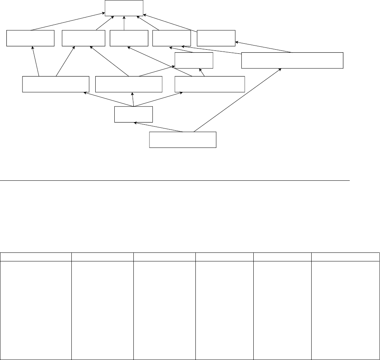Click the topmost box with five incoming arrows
pos(124,8)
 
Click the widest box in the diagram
pos(292,60)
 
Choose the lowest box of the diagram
pos(183,140)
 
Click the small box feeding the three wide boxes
pos(134,114)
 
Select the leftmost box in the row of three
pos(56,84)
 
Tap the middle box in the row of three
pos(129,84)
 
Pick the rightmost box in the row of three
pos(210,84)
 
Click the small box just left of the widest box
pos(194,60)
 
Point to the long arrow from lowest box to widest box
pos(238,100)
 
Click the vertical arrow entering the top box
pos(124,23)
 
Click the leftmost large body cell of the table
pos(36,310)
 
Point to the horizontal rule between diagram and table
pos(175,180)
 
